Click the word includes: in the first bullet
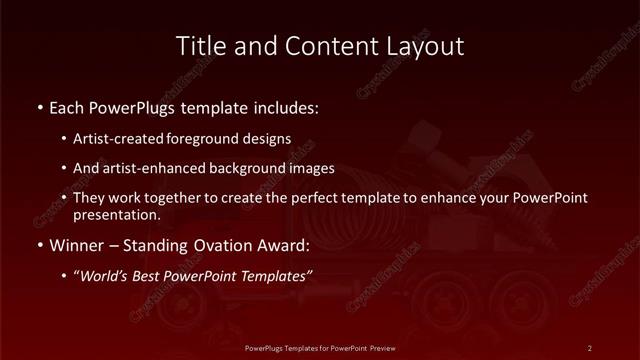[x=286, y=106]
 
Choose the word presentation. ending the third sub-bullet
[x=116, y=214]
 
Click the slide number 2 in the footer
[x=590, y=348]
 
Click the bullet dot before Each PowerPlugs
[x=39, y=106]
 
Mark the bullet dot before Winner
[x=39, y=245]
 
